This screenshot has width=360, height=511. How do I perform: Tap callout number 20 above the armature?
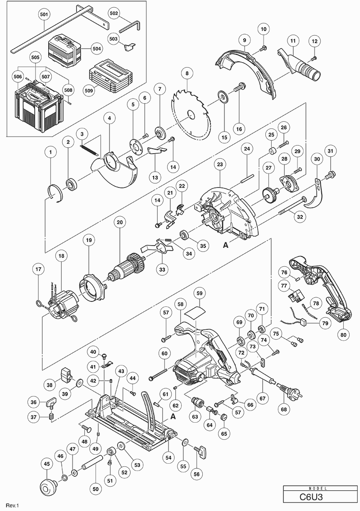pyautogui.click(x=119, y=223)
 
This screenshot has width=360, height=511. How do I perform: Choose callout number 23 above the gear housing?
pyautogui.click(x=220, y=165)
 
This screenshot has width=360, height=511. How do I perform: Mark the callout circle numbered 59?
pyautogui.click(x=200, y=293)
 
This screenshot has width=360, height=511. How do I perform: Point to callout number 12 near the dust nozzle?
pyautogui.click(x=314, y=42)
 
